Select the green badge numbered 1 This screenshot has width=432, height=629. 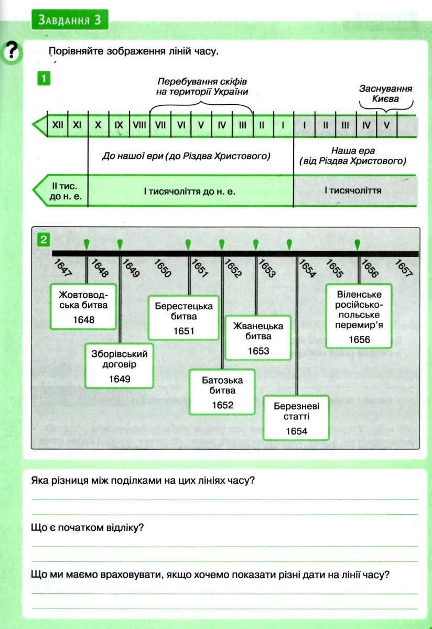[45, 79]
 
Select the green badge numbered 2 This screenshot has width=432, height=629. [45, 240]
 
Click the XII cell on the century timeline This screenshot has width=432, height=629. [57, 126]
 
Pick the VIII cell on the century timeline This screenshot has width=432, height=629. [139, 126]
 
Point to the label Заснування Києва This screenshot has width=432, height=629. [385, 93]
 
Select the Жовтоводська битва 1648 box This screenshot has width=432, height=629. [83, 306]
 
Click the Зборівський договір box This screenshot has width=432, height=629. [120, 365]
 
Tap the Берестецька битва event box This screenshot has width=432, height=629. [183, 318]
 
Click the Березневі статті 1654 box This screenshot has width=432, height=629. [296, 418]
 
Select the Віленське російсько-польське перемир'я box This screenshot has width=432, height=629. [359, 316]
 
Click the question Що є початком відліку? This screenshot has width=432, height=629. [88, 527]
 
